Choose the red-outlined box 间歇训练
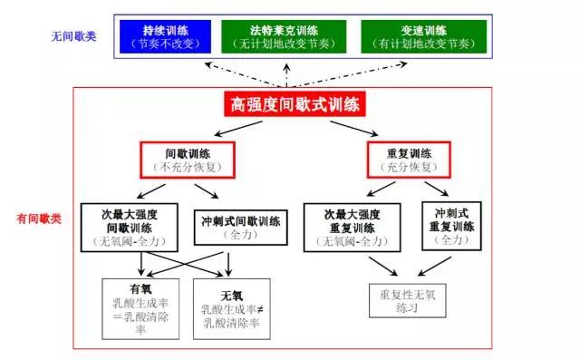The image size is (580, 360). (188, 160)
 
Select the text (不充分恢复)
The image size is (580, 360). (188, 168)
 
